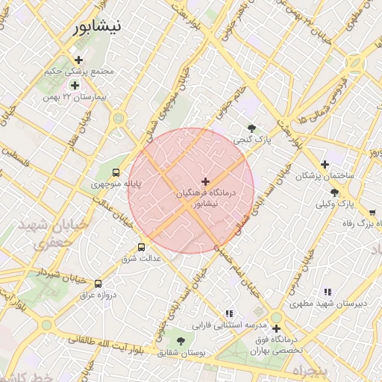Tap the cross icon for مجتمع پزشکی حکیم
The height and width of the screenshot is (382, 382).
click(x=78, y=60)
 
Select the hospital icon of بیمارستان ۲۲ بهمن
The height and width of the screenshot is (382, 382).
click(x=75, y=85)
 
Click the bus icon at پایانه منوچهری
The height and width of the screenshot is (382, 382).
click(x=115, y=172)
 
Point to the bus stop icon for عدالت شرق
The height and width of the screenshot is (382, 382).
click(x=141, y=247)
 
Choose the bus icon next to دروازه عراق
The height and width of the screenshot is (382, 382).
click(x=98, y=284)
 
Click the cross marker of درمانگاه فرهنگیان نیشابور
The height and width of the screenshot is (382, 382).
click(x=206, y=181)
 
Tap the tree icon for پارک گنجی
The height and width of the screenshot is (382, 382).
click(x=251, y=128)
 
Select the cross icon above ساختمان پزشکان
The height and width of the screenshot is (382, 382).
click(x=325, y=164)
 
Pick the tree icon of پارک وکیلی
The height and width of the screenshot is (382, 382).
click(x=344, y=192)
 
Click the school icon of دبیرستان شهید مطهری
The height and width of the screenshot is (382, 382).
click(x=327, y=292)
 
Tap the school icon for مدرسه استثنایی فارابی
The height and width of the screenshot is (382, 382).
click(x=229, y=313)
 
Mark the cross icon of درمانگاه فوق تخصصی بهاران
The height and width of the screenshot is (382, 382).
click(x=276, y=328)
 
